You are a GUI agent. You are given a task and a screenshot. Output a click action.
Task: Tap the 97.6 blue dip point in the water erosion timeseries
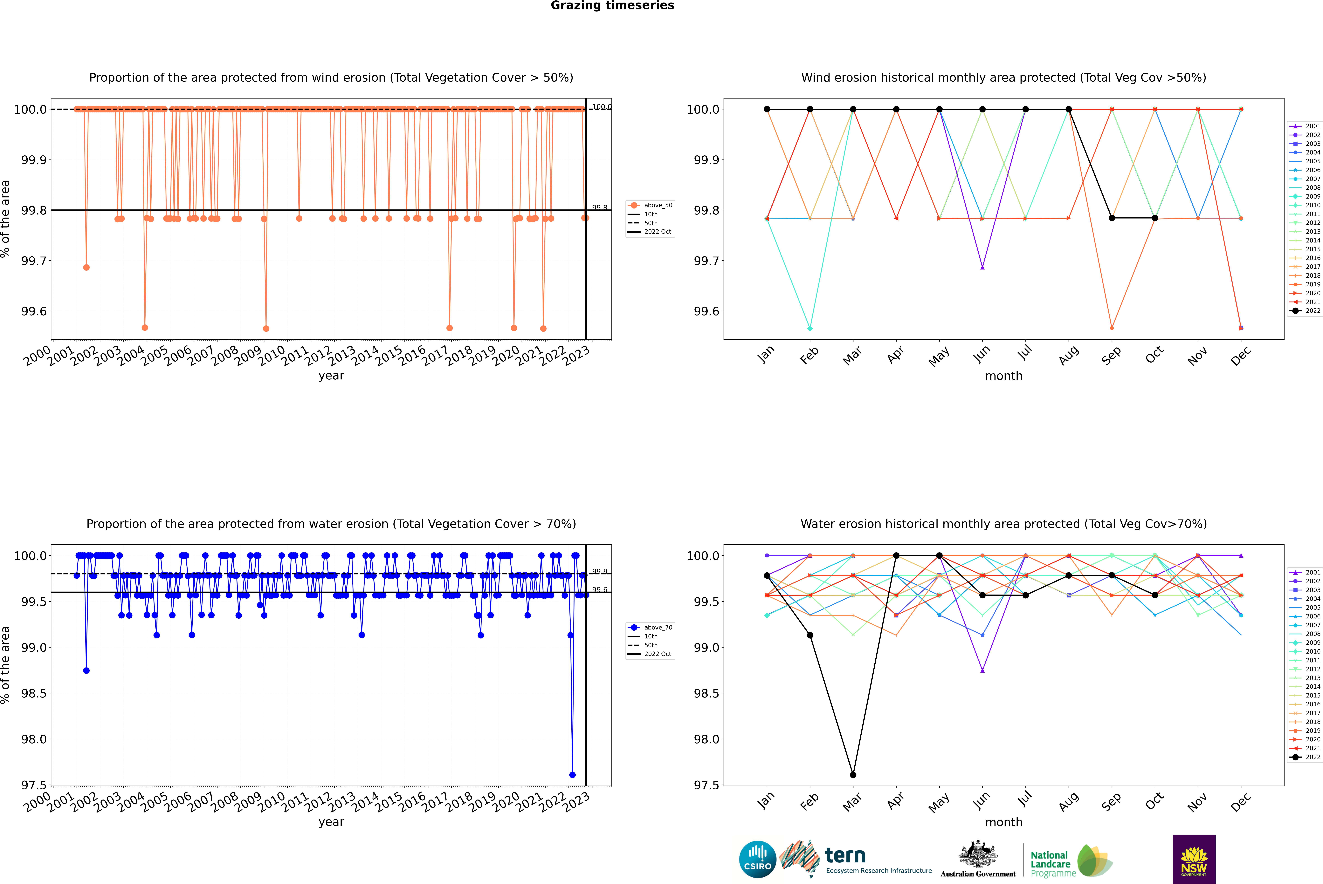click(x=572, y=775)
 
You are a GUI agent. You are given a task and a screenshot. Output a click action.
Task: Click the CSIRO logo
click(x=757, y=859)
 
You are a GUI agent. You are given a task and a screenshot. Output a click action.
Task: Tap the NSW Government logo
click(x=1194, y=859)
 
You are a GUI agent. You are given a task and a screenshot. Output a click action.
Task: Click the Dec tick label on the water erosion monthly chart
click(x=1241, y=802)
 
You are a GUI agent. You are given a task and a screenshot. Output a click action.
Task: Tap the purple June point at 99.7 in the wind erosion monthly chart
click(x=982, y=267)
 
